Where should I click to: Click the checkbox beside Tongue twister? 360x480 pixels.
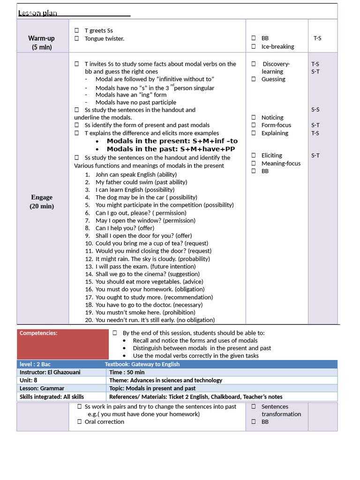click(77, 38)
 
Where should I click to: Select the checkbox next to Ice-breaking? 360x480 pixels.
click(253, 46)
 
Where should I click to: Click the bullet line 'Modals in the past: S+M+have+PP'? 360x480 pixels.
click(171, 149)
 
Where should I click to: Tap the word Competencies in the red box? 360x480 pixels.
click(38, 333)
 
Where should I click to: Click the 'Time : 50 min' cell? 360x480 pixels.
click(127, 372)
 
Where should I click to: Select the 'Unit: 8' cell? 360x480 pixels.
click(29, 380)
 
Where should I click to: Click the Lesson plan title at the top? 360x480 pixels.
click(37, 13)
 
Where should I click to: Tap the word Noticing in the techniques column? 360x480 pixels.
click(272, 118)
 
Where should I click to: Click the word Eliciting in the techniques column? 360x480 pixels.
click(272, 155)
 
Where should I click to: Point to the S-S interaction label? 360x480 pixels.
click(315, 110)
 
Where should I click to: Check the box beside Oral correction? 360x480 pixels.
click(80, 422)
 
